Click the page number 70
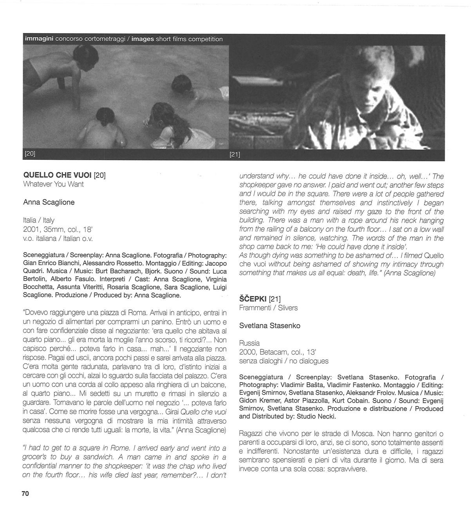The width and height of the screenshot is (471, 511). pyautogui.click(x=25, y=493)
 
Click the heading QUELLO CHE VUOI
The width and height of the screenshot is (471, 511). pyautogui.click(x=57, y=175)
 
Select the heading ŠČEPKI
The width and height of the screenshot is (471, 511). pyautogui.click(x=253, y=299)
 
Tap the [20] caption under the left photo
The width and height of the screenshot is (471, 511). pyautogui.click(x=30, y=154)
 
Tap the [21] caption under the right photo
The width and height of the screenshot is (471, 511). pyautogui.click(x=235, y=154)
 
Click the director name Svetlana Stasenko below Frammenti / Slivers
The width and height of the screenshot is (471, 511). pyautogui.click(x=269, y=326)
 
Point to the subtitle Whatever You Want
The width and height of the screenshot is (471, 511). pyautogui.click(x=53, y=184)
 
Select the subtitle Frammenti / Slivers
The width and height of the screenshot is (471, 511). pyautogui.click(x=268, y=308)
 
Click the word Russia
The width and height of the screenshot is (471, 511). pyautogui.click(x=249, y=343)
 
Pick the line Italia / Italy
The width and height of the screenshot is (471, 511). pyautogui.click(x=39, y=220)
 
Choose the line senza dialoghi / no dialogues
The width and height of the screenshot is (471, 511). pyautogui.click(x=283, y=361)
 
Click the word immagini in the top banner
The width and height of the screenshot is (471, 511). pyautogui.click(x=39, y=39)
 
